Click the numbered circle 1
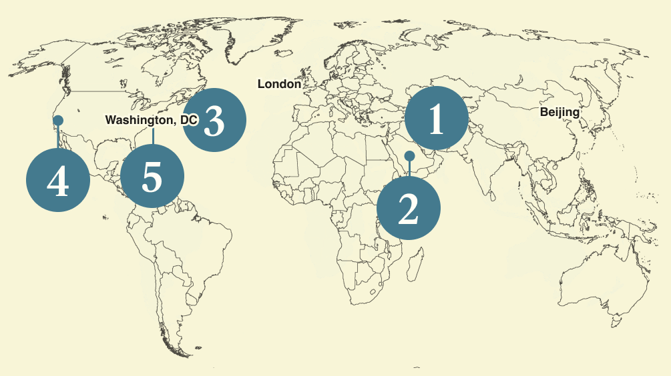click(x=437, y=118)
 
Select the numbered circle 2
click(x=409, y=207)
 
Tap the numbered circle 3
click(x=214, y=120)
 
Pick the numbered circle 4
click(x=57, y=180)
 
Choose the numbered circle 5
click(x=152, y=177)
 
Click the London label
click(x=279, y=85)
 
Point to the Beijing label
click(x=560, y=112)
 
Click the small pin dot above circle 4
click(x=58, y=120)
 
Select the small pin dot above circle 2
click(x=409, y=155)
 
